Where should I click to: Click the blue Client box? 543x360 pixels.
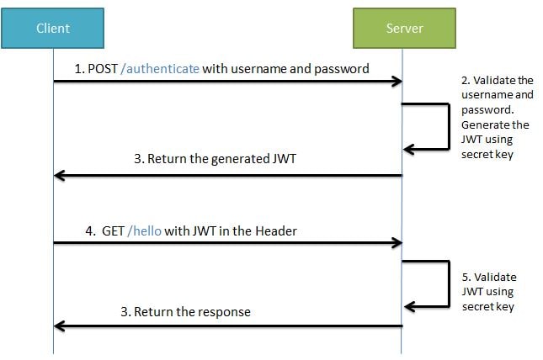click(x=53, y=29)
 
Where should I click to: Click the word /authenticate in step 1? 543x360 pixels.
click(x=160, y=69)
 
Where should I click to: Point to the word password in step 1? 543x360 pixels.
click(x=342, y=69)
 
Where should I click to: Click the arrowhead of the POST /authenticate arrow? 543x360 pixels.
click(x=396, y=82)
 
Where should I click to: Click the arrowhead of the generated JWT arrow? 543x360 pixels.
click(x=59, y=175)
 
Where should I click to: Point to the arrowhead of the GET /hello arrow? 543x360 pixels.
click(x=396, y=243)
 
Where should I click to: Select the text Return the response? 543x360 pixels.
click(x=185, y=311)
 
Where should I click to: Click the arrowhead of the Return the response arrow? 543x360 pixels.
click(x=59, y=325)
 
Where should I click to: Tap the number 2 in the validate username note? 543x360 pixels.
click(x=465, y=81)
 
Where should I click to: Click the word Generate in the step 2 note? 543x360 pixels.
click(x=484, y=124)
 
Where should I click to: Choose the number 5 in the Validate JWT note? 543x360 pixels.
click(x=466, y=277)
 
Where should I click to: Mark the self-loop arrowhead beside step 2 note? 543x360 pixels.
click(x=409, y=150)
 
